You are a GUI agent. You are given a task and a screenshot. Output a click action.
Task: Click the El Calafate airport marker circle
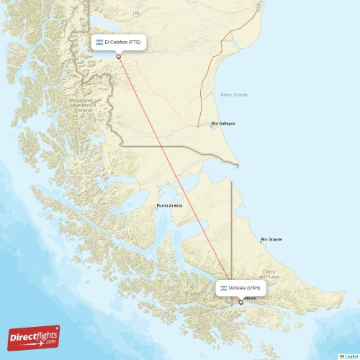pyautogui.click(x=119, y=57)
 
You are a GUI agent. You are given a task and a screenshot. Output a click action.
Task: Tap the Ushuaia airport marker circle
pyautogui.click(x=240, y=302)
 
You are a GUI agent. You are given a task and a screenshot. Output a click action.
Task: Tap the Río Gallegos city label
pyautogui.click(x=224, y=124)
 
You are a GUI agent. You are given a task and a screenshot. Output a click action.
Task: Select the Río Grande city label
pyautogui.click(x=272, y=239)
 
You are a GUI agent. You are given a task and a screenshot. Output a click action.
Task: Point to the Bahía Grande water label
pyautogui.click(x=234, y=94)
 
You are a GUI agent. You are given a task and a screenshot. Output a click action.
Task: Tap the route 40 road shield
pyautogui.click(x=135, y=14)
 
